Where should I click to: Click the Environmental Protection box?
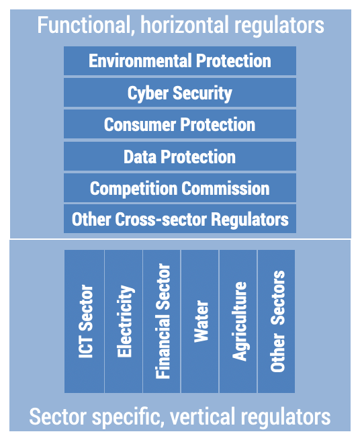click(x=179, y=61)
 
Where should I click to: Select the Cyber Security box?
click(x=179, y=93)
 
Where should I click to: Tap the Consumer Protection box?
click(x=179, y=124)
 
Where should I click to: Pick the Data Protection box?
click(x=179, y=157)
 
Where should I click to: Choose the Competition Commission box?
click(x=179, y=188)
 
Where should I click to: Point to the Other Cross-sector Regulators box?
click(x=179, y=219)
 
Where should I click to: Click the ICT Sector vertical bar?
click(x=85, y=321)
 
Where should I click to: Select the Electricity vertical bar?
click(x=124, y=321)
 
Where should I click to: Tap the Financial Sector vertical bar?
click(x=162, y=321)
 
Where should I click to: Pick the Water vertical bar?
click(x=200, y=321)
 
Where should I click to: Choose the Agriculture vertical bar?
click(x=238, y=321)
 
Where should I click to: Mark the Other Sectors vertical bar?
click(x=277, y=321)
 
